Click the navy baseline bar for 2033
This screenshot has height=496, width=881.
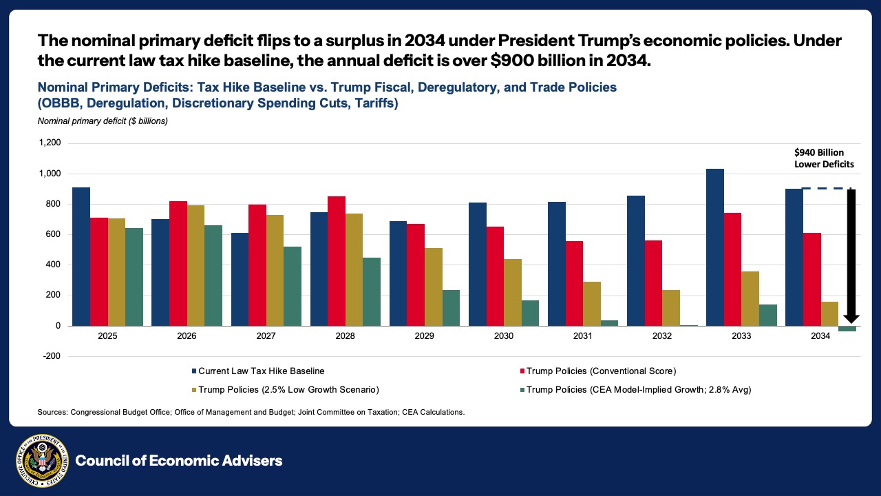pyautogui.click(x=715, y=247)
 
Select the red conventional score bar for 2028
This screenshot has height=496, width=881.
pyautogui.click(x=337, y=261)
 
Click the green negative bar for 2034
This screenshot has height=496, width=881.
pyautogui.click(x=847, y=329)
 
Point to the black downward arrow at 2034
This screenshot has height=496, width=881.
pyautogui.click(x=851, y=255)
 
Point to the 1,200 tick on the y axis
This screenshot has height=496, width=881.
pyautogui.click(x=51, y=143)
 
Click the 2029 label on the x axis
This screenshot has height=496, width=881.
pyautogui.click(x=425, y=336)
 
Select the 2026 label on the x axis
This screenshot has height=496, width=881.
pyautogui.click(x=187, y=336)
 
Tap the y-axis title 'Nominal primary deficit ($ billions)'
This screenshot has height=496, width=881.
pyautogui.click(x=103, y=121)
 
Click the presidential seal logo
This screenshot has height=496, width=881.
pyautogui.click(x=41, y=461)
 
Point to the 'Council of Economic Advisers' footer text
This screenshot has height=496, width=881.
pyautogui.click(x=179, y=461)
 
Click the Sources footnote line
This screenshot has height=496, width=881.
pyautogui.click(x=251, y=412)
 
